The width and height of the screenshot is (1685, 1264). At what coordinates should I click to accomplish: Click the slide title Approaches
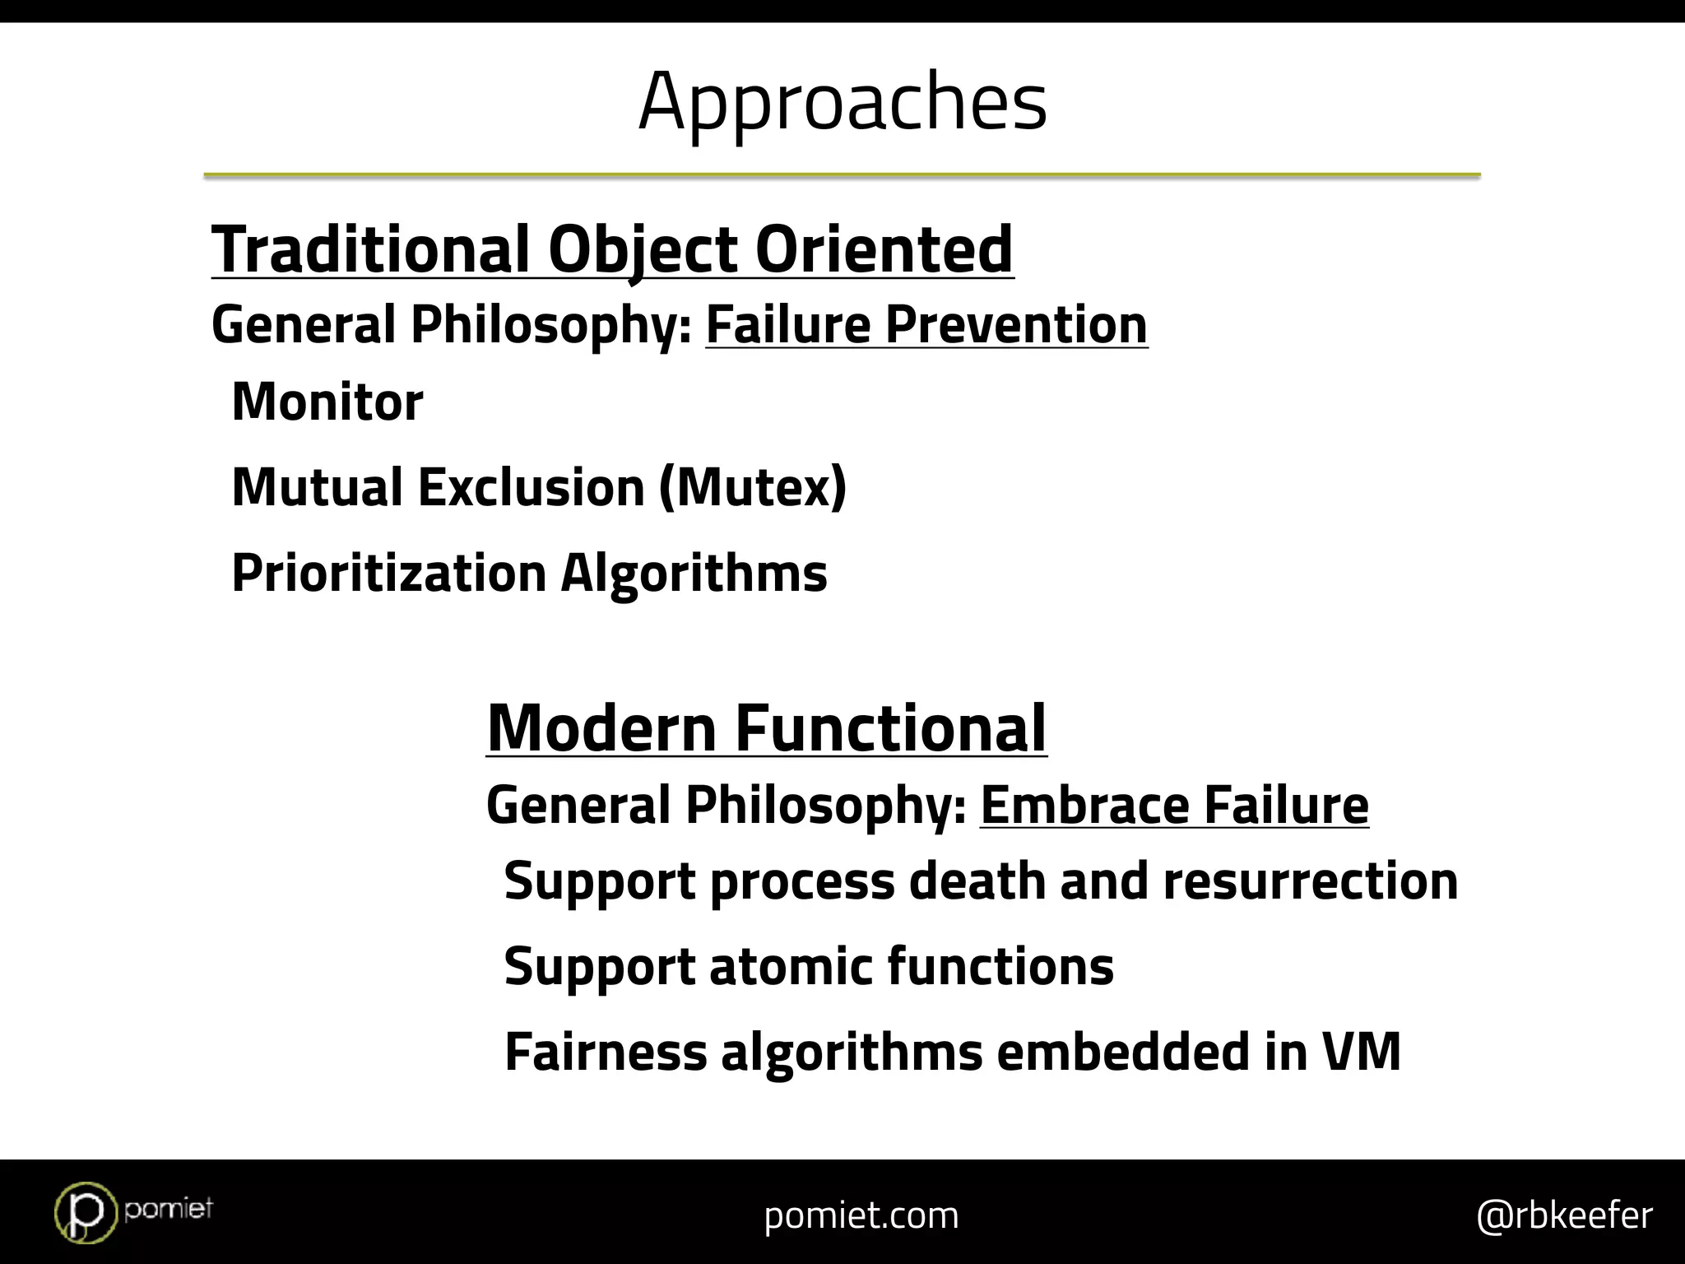point(842,102)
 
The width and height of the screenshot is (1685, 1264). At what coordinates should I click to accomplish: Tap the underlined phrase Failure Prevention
point(926,325)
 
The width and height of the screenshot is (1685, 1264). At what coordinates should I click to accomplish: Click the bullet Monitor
point(327,402)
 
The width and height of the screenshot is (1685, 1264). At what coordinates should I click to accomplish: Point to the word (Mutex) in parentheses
point(752,487)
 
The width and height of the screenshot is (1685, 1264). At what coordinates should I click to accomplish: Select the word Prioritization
point(388,573)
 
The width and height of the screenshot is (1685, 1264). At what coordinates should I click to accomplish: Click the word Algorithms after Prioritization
point(694,573)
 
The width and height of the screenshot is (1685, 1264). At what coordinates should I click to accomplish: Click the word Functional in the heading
point(889,728)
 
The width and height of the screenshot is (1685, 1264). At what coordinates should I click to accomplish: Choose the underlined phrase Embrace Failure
point(1174,805)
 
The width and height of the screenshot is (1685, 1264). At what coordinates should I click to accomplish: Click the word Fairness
point(606,1052)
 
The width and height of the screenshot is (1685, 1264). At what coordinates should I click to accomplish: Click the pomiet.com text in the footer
point(861,1215)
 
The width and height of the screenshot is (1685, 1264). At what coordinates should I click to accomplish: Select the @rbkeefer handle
point(1564,1215)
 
